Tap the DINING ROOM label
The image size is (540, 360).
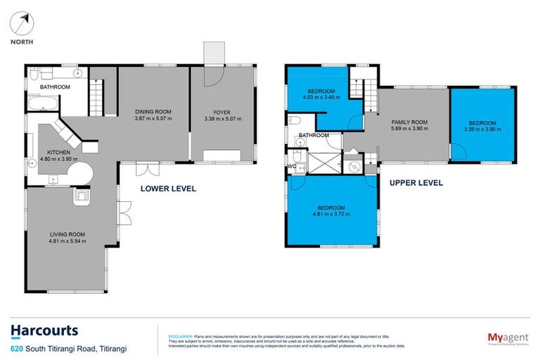tap(153, 111)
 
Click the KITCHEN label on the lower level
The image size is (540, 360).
tap(58, 151)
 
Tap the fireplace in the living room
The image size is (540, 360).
tap(82, 195)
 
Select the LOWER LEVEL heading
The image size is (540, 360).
tap(168, 188)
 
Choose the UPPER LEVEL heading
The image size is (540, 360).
tap(416, 183)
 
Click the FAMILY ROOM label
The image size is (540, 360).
tap(409, 122)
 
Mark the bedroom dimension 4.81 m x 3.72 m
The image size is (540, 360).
tap(330, 215)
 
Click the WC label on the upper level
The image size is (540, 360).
tap(291, 167)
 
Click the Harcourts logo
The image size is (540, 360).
tap(44, 330)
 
